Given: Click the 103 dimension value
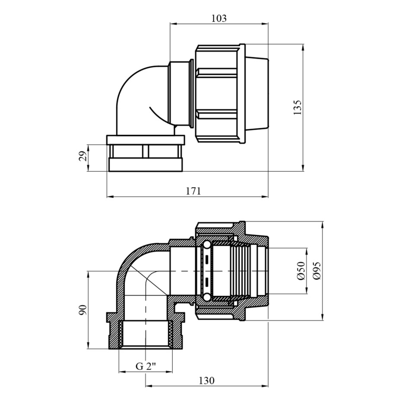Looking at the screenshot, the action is [x=219, y=19].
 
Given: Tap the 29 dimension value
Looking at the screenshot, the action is [x=83, y=156].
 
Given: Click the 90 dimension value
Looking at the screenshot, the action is [x=83, y=310].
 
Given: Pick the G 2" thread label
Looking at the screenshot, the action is [x=146, y=367].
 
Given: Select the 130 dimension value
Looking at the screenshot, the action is [x=207, y=380].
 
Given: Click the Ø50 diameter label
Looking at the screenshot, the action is [x=301, y=271].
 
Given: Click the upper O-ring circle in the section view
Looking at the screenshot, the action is [x=207, y=245].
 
